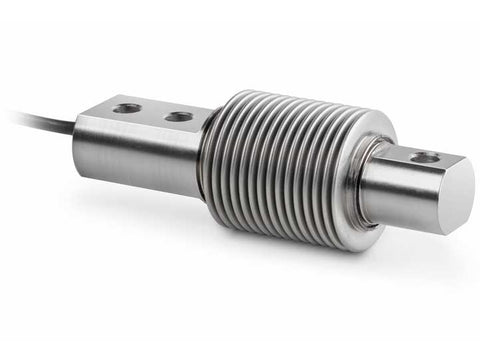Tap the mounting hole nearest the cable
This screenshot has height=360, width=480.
pos(127,107)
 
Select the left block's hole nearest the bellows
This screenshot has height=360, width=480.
pos(178,116)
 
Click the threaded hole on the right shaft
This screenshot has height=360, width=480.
pos(424,157)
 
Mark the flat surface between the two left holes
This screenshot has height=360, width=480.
pos(152,111)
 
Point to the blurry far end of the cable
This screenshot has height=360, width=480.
pos(15,115)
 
